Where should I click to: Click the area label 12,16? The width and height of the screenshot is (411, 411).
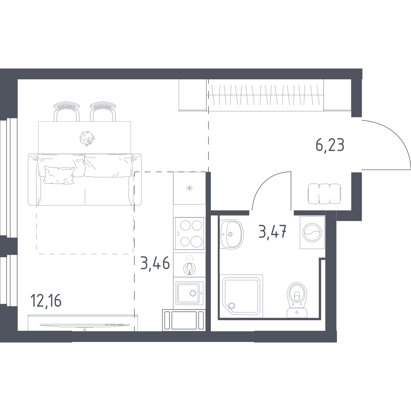pyautogui.click(x=46, y=300)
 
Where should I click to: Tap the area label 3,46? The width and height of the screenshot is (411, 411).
pyautogui.click(x=155, y=263)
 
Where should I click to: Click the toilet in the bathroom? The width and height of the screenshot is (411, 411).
pyautogui.click(x=297, y=300)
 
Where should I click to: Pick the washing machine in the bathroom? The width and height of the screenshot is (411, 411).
pyautogui.click(x=312, y=233)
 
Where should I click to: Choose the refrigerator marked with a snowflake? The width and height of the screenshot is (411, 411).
pyautogui.click(x=189, y=188)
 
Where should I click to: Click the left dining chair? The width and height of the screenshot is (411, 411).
pyautogui.click(x=66, y=111)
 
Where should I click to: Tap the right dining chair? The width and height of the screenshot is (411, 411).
pyautogui.click(x=103, y=111)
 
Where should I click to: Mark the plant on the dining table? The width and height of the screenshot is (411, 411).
pyautogui.click(x=87, y=138)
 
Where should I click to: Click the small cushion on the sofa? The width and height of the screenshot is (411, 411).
pyautogui.click(x=58, y=175)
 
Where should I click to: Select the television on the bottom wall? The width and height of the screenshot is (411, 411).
pyautogui.click(x=85, y=325)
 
